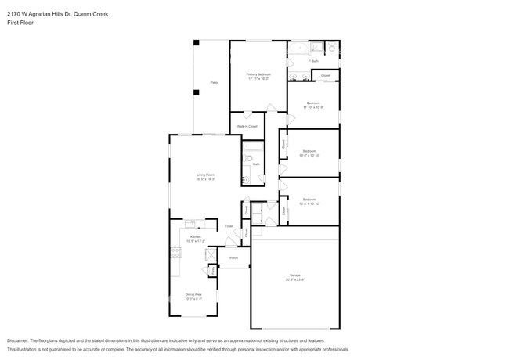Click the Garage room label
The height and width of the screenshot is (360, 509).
pos(296,275)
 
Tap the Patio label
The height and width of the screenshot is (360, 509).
pos(213,82)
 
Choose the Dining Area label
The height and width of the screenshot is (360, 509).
pos(193,296)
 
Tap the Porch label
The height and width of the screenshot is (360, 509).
pos(233,257)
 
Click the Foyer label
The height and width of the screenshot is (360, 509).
pos(229,226)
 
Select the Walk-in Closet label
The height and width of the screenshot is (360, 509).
pos(247,126)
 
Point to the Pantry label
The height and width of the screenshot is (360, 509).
pos(214,270)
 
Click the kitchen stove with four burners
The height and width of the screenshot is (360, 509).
pos(175,253)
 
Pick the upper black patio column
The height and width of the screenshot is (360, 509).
pos(197,42)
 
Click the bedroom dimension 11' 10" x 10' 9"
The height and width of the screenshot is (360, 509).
pos(312,107)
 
